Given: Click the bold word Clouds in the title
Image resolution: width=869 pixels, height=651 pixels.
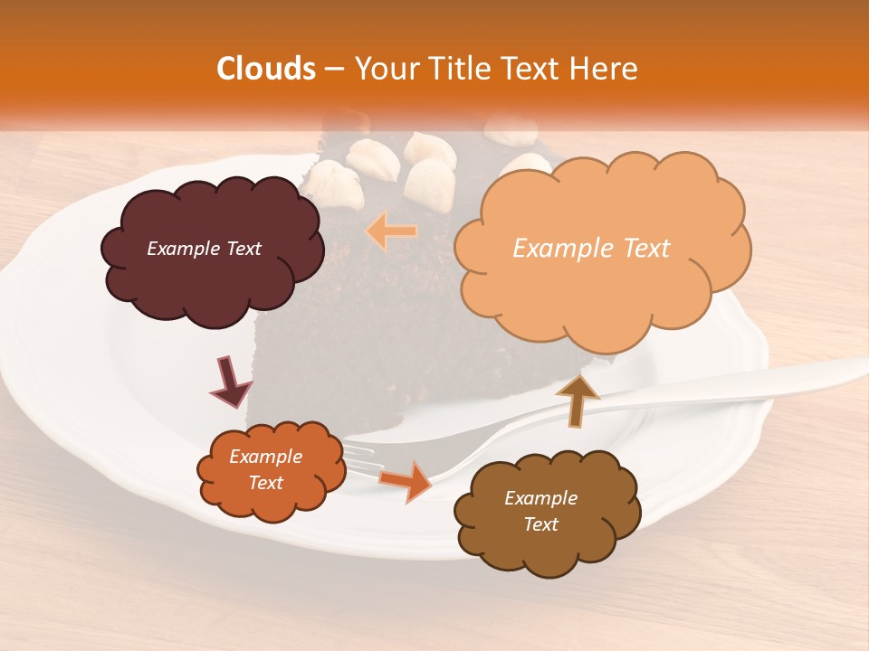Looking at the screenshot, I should [x=266, y=69].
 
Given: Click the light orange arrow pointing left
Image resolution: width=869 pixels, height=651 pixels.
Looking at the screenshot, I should [x=392, y=232].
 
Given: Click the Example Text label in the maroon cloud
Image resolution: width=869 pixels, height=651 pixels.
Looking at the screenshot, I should [x=204, y=249].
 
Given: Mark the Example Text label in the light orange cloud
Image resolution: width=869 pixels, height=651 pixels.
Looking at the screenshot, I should [x=591, y=249].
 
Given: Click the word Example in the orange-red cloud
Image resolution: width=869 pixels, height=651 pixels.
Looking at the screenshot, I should [x=265, y=457].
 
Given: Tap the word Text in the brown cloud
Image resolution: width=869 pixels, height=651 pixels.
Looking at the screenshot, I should [x=540, y=524].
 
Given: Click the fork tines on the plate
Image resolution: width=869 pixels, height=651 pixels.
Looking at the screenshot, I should [x=362, y=457].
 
